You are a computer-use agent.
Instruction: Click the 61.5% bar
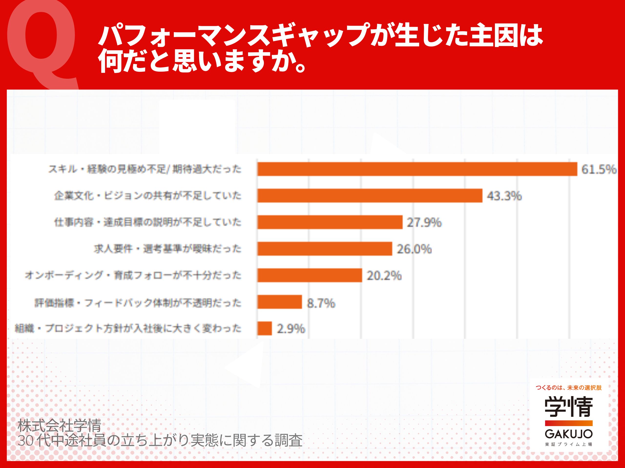pos(417,169)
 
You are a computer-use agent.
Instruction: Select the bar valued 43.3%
pos(370,195)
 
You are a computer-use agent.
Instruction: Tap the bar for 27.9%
pos(330,222)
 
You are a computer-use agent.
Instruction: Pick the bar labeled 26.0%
pos(325,249)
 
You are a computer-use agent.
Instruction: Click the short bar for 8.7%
pos(280,302)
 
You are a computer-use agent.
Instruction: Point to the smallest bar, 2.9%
pos(264,328)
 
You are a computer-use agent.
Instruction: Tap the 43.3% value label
pos(504,196)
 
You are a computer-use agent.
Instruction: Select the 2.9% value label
pos(291,329)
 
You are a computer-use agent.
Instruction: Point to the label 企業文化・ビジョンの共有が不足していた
pos(148,195)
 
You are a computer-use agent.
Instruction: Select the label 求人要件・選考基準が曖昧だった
pos(167,249)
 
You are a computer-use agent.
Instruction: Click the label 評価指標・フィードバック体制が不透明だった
pos(138,303)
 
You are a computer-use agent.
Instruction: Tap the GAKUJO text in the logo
pos(569,434)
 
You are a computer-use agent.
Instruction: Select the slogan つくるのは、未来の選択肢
pos(569,388)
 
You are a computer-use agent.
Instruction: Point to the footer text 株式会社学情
pos(59,426)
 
